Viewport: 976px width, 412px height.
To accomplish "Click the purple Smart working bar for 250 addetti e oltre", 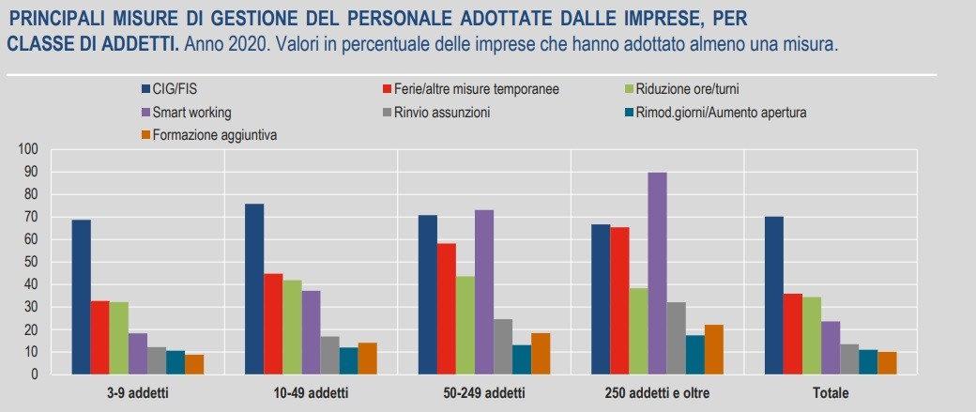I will (657, 273).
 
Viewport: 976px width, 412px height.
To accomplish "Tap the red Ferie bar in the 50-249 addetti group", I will (447, 309).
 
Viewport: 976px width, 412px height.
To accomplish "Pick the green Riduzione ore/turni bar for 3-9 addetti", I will (119, 338).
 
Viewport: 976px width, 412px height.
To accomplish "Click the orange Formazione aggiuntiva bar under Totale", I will (887, 363).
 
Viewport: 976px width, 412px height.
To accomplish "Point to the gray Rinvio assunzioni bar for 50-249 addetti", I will (503, 346).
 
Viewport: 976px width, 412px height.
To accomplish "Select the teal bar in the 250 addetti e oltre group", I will (694, 355).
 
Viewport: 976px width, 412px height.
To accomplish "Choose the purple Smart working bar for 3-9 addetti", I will (138, 354).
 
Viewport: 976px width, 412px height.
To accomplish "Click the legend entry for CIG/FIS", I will (175, 89).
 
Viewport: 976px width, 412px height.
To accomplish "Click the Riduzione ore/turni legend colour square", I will (628, 89).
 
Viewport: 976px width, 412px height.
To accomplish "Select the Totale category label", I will (831, 391).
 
